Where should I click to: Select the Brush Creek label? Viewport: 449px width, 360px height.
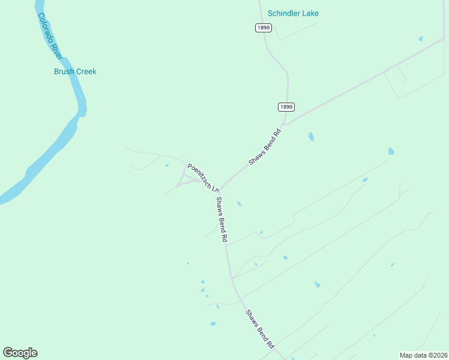click(75, 71)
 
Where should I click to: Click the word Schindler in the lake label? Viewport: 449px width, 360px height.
click(285, 13)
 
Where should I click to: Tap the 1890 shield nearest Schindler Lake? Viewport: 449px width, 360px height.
click(263, 28)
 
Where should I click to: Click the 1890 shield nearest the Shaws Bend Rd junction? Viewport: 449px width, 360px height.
click(286, 107)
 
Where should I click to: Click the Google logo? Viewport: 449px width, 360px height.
click(20, 353)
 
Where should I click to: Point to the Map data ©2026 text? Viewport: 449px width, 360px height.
click(423, 355)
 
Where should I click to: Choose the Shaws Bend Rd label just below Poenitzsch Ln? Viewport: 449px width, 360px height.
click(221, 219)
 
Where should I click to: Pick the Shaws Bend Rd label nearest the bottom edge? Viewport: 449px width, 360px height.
click(259, 329)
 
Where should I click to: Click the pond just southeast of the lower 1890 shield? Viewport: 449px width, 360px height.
click(311, 137)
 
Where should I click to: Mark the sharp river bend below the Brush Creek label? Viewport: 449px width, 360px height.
click(82, 111)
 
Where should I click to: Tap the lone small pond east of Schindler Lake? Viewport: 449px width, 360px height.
click(421, 39)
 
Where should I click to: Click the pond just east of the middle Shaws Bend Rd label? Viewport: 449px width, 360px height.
click(239, 204)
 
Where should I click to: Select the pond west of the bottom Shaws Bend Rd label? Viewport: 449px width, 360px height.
click(213, 324)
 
